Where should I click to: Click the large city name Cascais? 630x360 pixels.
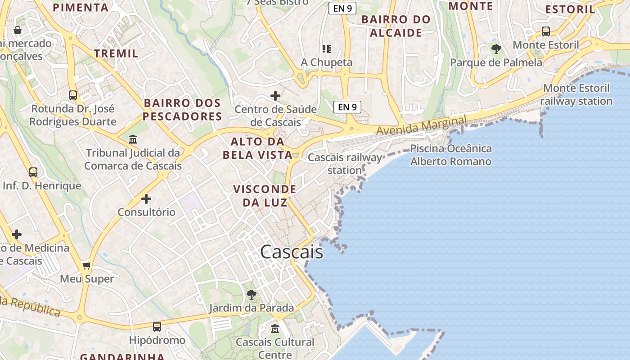click(292, 252)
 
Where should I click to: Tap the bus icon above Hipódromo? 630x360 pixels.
click(157, 327)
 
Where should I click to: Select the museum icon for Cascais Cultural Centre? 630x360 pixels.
click(275, 329)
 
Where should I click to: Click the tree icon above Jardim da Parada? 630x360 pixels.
click(252, 295)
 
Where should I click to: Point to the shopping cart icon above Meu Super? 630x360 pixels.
click(87, 265)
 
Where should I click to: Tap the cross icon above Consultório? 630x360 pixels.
click(146, 198)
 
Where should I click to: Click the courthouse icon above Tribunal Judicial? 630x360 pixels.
click(133, 139)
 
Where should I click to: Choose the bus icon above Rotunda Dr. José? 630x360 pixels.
click(73, 95)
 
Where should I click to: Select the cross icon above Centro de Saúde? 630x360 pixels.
click(275, 96)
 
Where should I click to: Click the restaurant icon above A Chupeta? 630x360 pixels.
click(326, 49)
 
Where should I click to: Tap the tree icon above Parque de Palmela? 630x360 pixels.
click(496, 49)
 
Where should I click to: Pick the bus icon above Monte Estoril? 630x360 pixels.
click(546, 31)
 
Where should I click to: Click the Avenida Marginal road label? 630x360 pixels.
click(421, 125)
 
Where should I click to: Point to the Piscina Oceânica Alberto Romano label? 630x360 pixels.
click(451, 155)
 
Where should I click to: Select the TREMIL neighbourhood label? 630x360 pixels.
click(116, 53)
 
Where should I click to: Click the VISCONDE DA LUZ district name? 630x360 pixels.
click(265, 195)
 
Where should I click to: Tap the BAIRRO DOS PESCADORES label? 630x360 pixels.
click(182, 109)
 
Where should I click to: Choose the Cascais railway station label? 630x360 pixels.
click(345, 164)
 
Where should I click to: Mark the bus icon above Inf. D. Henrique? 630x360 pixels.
click(33, 172)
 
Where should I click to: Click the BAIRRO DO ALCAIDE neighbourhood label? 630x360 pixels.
click(396, 26)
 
